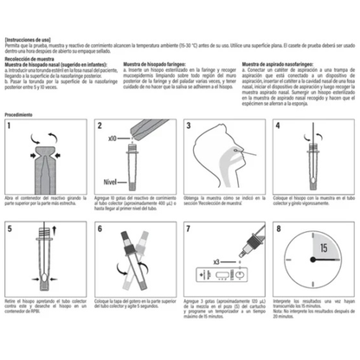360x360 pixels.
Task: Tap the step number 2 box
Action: [x=100, y=127]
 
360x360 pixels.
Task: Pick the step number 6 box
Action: [x=100, y=231]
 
